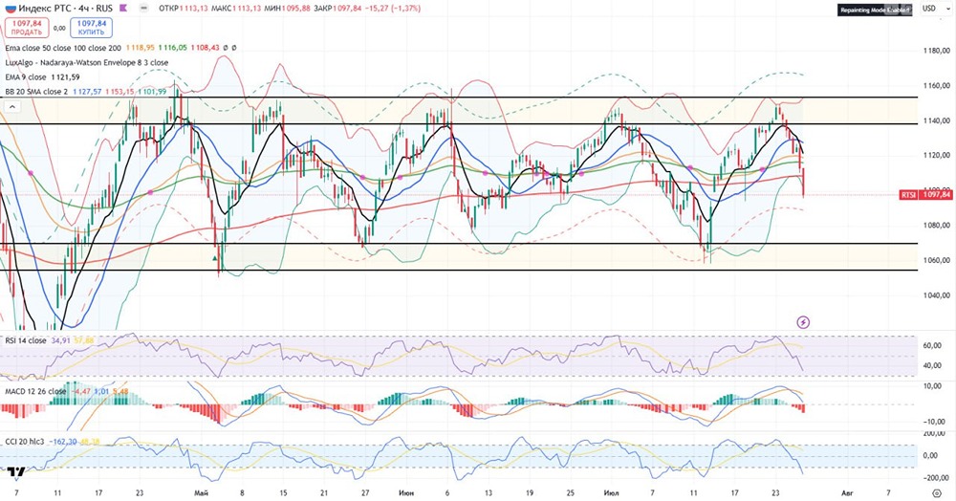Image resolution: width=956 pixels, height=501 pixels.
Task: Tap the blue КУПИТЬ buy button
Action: (91, 27)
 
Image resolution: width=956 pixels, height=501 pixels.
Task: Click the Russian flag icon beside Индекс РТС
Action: (9, 8)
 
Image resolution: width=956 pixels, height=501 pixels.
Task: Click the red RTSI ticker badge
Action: (909, 194)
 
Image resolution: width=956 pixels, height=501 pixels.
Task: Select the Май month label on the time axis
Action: (201, 492)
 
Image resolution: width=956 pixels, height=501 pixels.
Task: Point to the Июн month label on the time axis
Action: (405, 492)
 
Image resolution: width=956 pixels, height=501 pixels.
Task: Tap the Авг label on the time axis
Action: (846, 492)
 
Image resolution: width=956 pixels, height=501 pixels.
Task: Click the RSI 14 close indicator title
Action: (25, 339)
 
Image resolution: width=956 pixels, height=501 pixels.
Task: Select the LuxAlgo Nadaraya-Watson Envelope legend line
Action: (87, 61)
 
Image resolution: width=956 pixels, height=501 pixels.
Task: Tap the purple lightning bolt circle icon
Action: (803, 322)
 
